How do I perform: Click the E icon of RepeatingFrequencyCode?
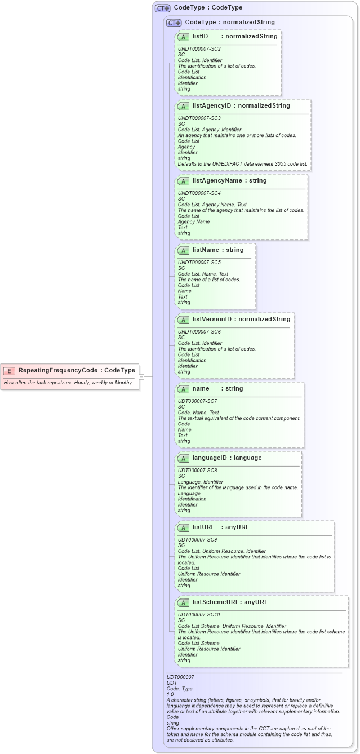pyautogui.click(x=9, y=370)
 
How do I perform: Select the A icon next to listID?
pyautogui.click(x=183, y=37)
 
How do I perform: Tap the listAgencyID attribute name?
pyautogui.click(x=212, y=105)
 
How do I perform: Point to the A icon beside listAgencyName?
pyautogui.click(x=183, y=181)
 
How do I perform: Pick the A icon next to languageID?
pyautogui.click(x=183, y=458)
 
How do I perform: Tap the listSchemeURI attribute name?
pyautogui.click(x=214, y=602)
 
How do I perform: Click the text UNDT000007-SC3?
pyautogui.click(x=199, y=118)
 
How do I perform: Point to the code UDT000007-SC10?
pyautogui.click(x=198, y=614)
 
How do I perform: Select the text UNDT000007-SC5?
pyautogui.click(x=199, y=262)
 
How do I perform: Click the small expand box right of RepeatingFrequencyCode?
pyautogui.click(x=142, y=376)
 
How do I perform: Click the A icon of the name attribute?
pyautogui.click(x=183, y=389)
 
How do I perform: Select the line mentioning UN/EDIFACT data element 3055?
pyautogui.click(x=243, y=164)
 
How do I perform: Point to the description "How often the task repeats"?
pyautogui.click(x=68, y=382)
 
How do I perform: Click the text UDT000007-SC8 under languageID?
pyautogui.click(x=197, y=471)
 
